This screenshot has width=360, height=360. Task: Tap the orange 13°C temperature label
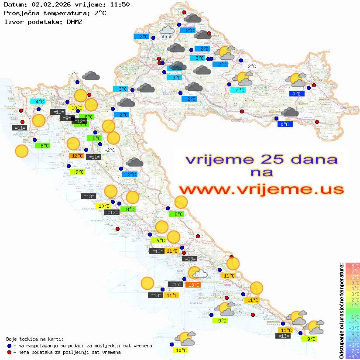tap(193, 285)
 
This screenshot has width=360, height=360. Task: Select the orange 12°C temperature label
tap(77, 155)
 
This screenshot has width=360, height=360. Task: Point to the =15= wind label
tap(175, 285)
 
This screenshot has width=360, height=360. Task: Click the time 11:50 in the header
tap(119, 4)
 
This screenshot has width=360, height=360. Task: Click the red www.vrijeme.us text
tap(261, 189)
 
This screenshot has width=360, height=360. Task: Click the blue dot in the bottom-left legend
tap(9, 346)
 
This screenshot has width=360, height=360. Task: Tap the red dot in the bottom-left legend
tap(9, 352)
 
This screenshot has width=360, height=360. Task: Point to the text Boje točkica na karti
tap(35, 339)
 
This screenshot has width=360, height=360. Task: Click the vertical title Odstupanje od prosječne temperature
tap(341, 311)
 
